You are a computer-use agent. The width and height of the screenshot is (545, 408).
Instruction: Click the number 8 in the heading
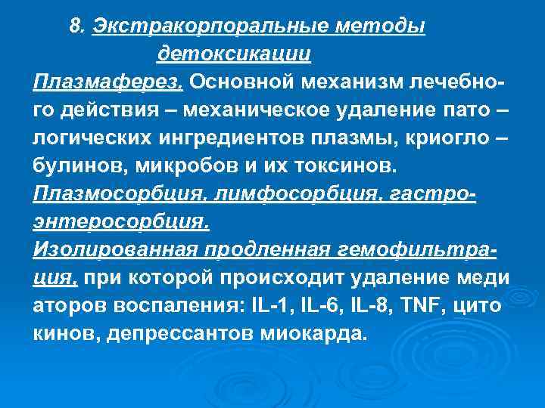(x=74, y=27)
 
